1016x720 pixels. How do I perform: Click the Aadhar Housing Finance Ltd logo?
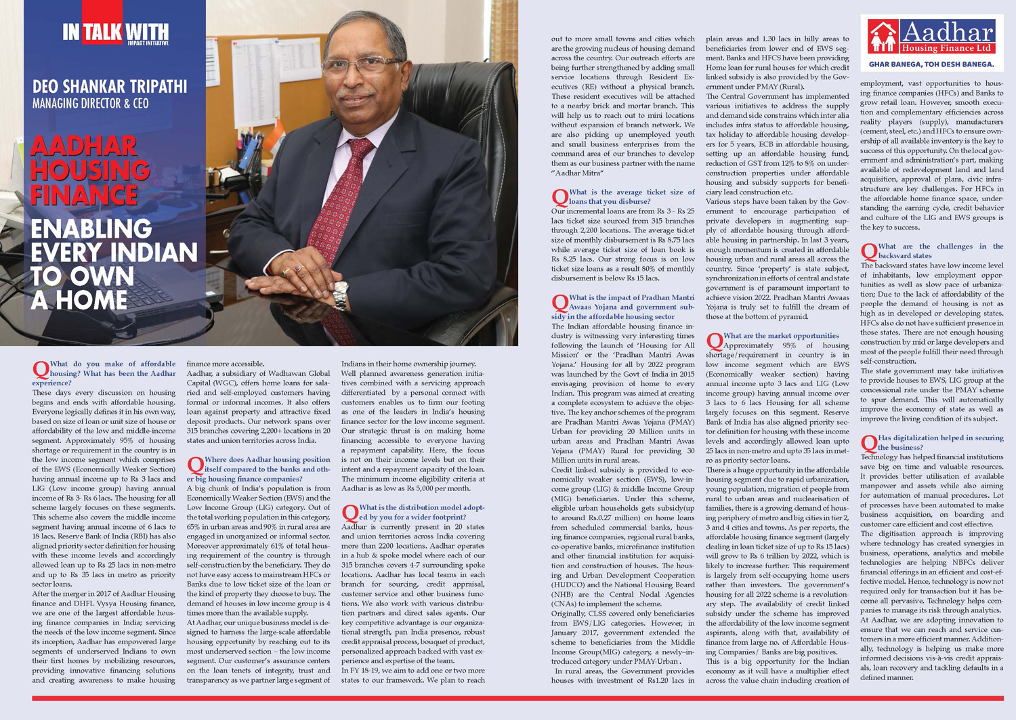click(931, 37)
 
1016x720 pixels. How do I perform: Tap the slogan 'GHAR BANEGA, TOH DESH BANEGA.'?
click(931, 65)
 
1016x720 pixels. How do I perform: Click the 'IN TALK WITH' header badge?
click(115, 33)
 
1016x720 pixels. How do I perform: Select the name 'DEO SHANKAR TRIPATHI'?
click(110, 87)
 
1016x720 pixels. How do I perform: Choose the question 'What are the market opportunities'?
click(779, 336)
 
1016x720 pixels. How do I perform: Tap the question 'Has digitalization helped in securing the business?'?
click(935, 442)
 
